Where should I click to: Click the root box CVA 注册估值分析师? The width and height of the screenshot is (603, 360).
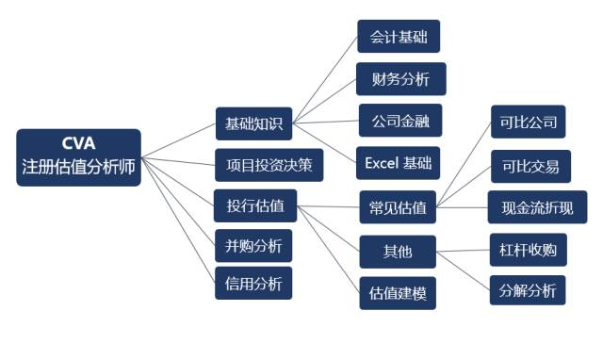click(78, 156)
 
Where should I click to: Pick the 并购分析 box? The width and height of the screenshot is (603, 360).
click(253, 246)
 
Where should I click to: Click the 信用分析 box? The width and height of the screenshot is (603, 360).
click(253, 283)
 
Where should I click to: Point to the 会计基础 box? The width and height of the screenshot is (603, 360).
click(398, 38)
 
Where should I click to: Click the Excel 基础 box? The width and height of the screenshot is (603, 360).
click(399, 163)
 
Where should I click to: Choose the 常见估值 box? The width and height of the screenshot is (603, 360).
click(398, 207)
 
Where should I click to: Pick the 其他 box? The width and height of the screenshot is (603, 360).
click(398, 252)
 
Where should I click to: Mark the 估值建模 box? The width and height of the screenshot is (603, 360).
click(398, 293)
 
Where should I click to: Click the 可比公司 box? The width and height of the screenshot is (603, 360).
click(527, 123)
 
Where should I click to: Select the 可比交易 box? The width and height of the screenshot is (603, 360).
click(527, 167)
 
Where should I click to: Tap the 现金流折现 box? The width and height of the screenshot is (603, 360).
click(536, 207)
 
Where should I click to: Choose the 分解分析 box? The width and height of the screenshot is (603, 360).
click(527, 289)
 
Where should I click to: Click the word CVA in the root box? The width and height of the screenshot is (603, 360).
click(78, 144)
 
